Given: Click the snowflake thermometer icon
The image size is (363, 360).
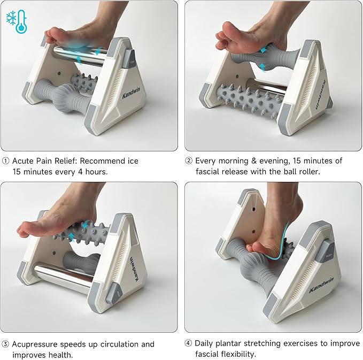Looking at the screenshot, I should coord(16,21).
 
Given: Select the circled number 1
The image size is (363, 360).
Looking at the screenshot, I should coord(5,161).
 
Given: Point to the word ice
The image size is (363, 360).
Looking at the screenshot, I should coord(132,161).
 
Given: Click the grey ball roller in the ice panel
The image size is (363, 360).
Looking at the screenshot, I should coord(66,96).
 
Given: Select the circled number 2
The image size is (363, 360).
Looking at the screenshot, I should coord(189,161).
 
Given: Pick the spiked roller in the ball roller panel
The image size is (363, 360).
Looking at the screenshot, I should coord(247,98).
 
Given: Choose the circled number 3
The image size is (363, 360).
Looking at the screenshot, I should coord(5,344).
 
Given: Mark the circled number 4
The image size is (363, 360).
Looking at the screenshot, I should coord(188,343).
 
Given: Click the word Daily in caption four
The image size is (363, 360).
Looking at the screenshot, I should coord(206,343).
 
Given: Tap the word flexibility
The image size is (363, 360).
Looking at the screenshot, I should coord(243,354).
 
